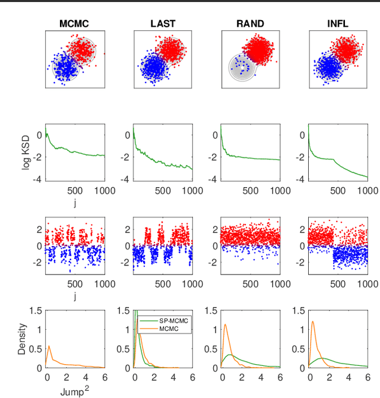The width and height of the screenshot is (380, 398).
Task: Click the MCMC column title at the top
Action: (75, 24)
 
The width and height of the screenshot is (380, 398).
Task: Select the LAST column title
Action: (163, 24)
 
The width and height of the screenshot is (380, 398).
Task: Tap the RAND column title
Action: (251, 24)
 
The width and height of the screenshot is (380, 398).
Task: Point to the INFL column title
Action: (338, 24)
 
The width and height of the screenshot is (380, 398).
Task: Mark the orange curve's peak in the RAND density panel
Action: (225, 324)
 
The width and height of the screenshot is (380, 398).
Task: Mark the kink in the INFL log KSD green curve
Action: (333, 159)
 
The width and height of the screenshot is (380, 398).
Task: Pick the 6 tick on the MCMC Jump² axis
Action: (104, 377)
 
